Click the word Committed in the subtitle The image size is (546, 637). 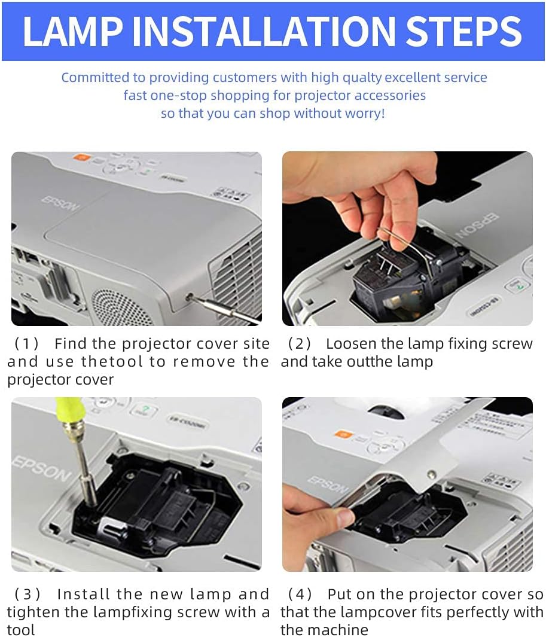point(95,78)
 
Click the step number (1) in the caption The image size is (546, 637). point(26,344)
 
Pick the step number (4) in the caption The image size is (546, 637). point(300,595)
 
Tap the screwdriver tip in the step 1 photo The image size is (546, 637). point(191,297)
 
